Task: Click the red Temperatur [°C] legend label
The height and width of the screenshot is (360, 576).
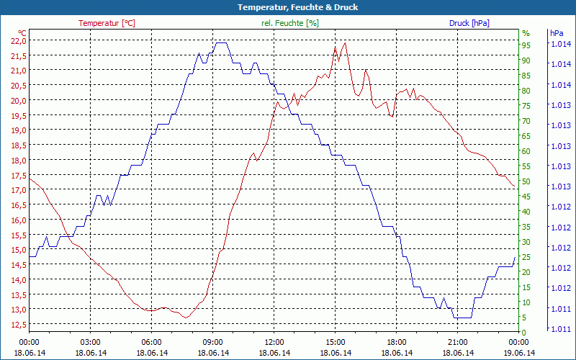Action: tap(107, 23)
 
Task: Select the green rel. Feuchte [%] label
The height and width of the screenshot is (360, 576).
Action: tap(290, 23)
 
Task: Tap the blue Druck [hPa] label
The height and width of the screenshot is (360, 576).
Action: tap(469, 23)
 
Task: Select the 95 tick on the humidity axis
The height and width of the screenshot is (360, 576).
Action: tap(526, 45)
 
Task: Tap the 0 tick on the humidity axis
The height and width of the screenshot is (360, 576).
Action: tap(525, 332)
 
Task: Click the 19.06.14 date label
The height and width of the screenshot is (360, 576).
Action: tap(518, 353)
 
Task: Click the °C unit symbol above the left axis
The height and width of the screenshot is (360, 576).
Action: tap(22, 33)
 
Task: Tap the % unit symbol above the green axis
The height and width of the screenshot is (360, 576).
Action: tap(526, 33)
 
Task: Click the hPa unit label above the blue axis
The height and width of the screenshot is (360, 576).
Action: tap(556, 33)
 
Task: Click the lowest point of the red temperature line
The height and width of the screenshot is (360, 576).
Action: tap(186, 318)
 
